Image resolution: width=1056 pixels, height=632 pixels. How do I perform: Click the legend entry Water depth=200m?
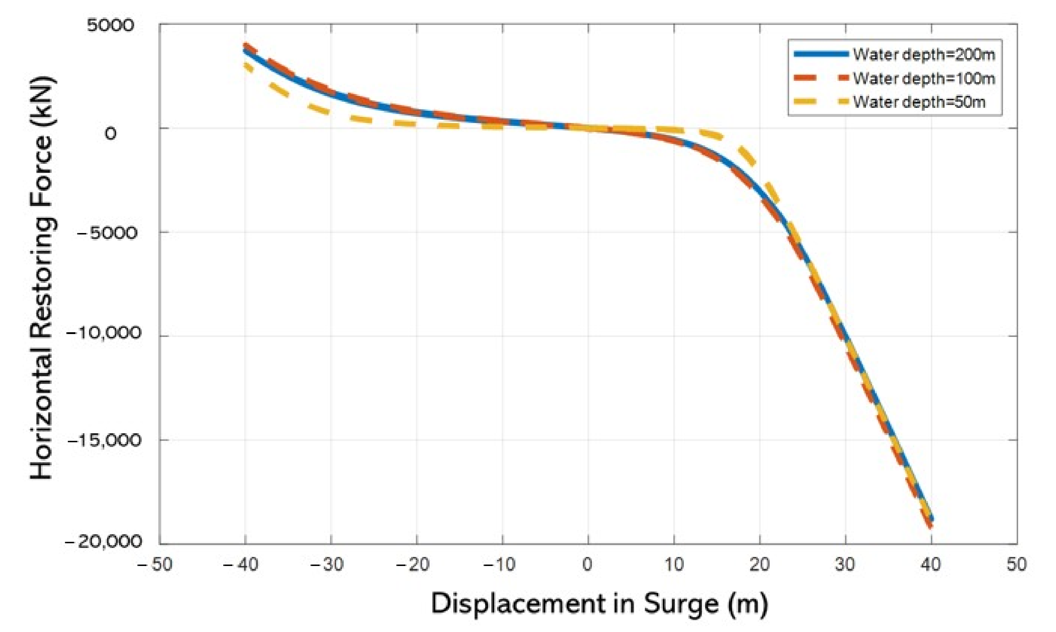(x=924, y=55)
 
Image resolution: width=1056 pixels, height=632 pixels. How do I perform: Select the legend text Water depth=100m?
(x=924, y=79)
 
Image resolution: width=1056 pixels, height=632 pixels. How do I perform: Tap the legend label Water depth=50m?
(x=919, y=102)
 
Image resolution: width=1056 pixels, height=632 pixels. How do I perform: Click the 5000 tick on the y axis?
(x=110, y=26)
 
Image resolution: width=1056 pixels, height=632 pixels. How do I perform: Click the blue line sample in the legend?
(x=821, y=54)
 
